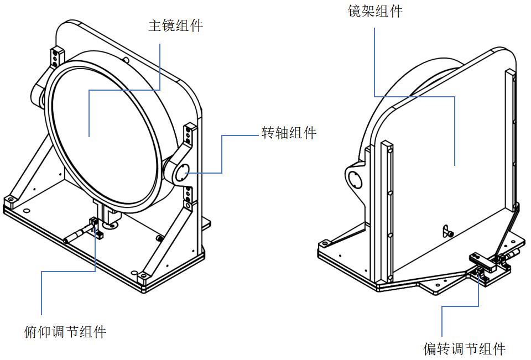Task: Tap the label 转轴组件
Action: coord(289,133)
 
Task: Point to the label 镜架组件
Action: coord(375,11)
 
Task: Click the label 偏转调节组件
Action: coord(464,349)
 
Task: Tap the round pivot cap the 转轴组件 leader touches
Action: coord(183,173)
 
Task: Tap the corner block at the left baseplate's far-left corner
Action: coord(9,200)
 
